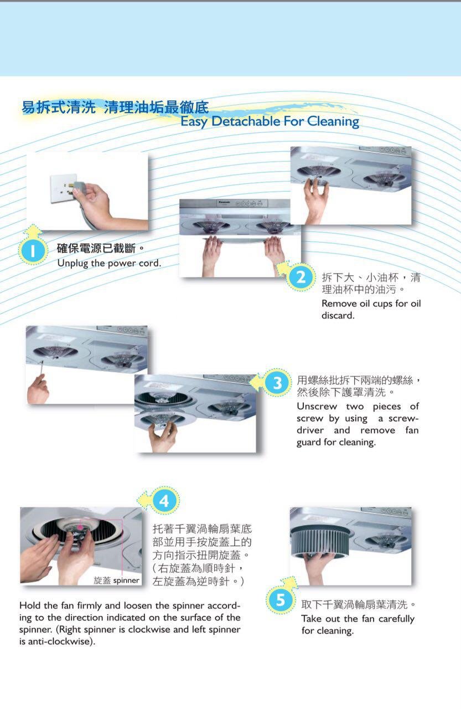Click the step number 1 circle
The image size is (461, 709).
coord(33,251)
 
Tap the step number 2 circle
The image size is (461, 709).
coord(301,278)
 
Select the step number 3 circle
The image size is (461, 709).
coord(277,383)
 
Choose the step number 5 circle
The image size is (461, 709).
coord(281,600)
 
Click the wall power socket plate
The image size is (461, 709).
coord(63,188)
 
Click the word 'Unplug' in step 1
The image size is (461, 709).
coord(72,263)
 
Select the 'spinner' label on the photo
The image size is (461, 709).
coord(126,580)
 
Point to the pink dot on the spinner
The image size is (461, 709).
coord(80,527)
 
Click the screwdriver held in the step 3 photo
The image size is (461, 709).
coord(42,369)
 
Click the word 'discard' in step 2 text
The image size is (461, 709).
coord(337,316)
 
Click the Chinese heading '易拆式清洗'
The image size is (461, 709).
coord(59,107)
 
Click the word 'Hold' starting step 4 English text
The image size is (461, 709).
coord(30,605)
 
